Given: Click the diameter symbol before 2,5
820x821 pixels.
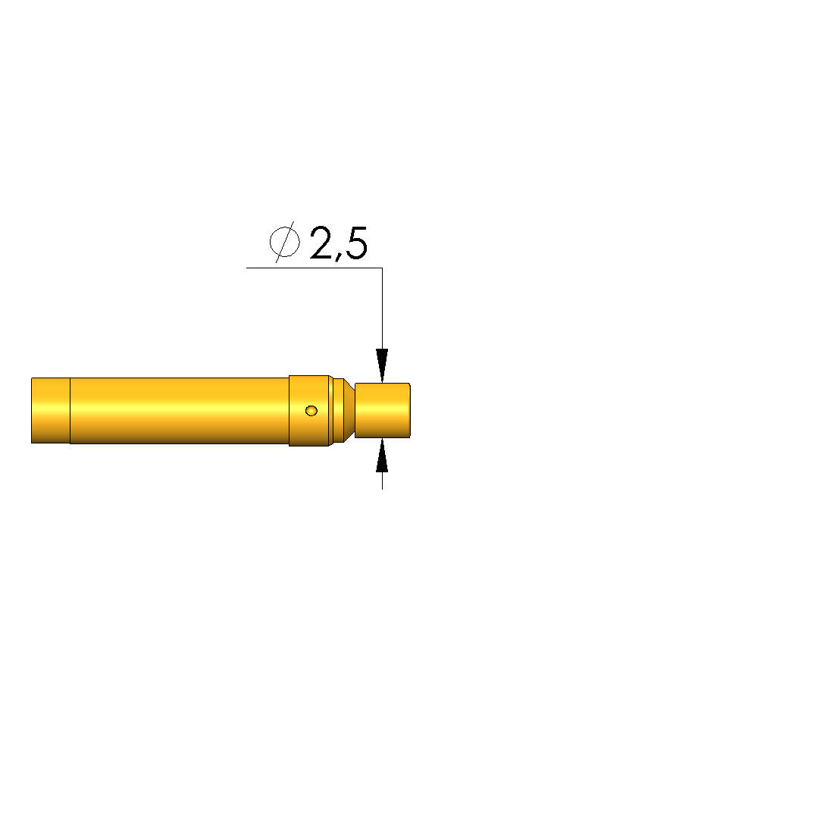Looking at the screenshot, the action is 285,242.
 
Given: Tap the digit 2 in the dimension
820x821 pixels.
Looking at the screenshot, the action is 321,243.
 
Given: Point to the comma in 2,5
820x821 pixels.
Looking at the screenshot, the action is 339,256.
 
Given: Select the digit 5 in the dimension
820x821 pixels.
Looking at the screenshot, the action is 357,243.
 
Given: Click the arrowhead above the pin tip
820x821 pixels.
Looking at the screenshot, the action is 382,365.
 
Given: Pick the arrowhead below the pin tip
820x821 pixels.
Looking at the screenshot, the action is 382,455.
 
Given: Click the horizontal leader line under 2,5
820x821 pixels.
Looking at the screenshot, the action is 314,268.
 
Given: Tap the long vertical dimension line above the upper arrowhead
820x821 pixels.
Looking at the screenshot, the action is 382,309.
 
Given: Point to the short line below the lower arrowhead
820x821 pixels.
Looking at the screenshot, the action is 382,481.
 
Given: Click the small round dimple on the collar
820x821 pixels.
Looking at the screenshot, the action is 311,411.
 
